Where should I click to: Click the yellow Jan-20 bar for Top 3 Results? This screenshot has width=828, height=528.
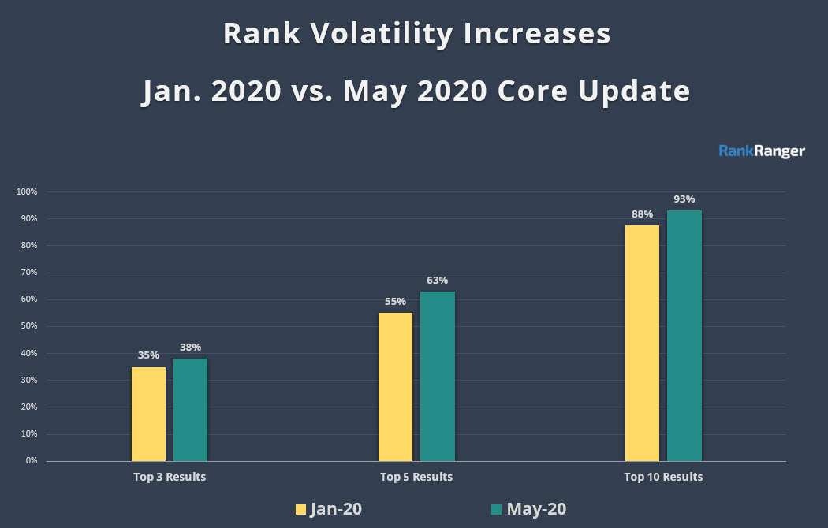pyautogui.click(x=148, y=414)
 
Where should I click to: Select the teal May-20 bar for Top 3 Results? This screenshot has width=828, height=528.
pyautogui.click(x=190, y=410)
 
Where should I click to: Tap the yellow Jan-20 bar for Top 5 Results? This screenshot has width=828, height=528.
pyautogui.click(x=395, y=387)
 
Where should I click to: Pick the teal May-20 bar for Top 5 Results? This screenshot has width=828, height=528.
pyautogui.click(x=437, y=376)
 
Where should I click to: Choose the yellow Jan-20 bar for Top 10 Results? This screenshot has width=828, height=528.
pyautogui.click(x=642, y=343)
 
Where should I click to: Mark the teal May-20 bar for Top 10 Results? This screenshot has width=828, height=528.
pyautogui.click(x=684, y=336)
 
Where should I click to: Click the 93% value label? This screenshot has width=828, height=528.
pyautogui.click(x=684, y=199)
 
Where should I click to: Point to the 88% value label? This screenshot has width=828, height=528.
pyautogui.click(x=642, y=214)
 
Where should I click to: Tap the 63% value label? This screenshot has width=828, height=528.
pyautogui.click(x=438, y=281)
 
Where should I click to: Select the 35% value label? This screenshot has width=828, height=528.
pyautogui.click(x=148, y=355)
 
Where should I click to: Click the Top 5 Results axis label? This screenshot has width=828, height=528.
pyautogui.click(x=416, y=477)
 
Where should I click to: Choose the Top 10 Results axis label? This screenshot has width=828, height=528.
pyautogui.click(x=663, y=477)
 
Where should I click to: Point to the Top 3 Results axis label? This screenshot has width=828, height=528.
pyautogui.click(x=170, y=477)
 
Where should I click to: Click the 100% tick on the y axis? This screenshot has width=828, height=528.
pyautogui.click(x=27, y=192)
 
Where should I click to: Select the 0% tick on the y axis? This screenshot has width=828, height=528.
pyautogui.click(x=32, y=461)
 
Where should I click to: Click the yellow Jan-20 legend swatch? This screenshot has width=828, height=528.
pyautogui.click(x=300, y=509)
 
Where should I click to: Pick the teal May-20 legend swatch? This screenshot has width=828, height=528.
pyautogui.click(x=496, y=509)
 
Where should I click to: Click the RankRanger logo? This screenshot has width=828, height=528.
pyautogui.click(x=762, y=151)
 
